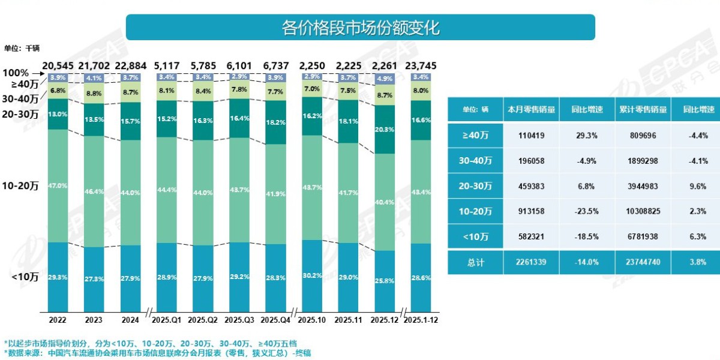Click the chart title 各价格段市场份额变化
pyautogui.click(x=360, y=28)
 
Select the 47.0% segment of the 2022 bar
pyautogui.click(x=58, y=185)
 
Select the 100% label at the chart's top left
pyautogui.click(x=16, y=72)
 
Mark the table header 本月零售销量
pyautogui.click(x=531, y=110)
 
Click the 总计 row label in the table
pyautogui.click(x=475, y=262)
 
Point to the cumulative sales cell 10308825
pyautogui.click(x=643, y=211)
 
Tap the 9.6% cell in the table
pyautogui.click(x=698, y=186)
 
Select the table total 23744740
pyautogui.click(x=643, y=262)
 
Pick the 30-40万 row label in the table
pyautogui.click(x=475, y=161)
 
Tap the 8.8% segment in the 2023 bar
pyautogui.click(x=94, y=93)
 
